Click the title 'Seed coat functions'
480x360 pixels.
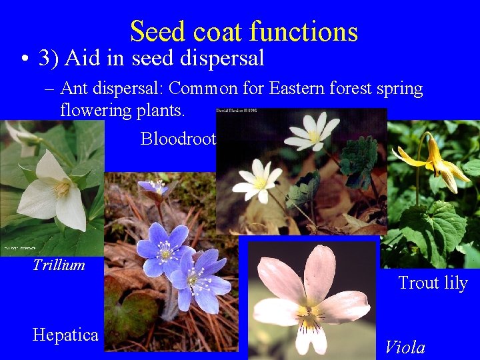click(244, 31)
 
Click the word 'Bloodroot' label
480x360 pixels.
click(178, 138)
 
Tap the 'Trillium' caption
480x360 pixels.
click(59, 265)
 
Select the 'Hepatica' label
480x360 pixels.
click(65, 335)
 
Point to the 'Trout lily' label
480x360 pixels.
click(433, 283)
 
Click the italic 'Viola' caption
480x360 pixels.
click(405, 347)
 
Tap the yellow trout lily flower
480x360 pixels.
click(433, 163)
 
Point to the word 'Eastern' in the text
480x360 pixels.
click(290, 88)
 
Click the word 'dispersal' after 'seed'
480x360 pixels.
click(222, 59)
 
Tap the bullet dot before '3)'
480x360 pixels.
click(23, 59)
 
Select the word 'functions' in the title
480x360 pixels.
click(304, 31)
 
